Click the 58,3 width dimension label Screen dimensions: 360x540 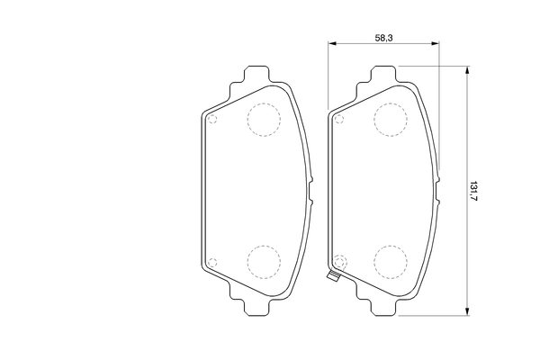click(383, 37)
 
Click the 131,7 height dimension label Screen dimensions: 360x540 click(473, 190)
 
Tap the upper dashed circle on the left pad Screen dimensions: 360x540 click(263, 119)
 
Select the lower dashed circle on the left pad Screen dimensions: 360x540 click(263, 260)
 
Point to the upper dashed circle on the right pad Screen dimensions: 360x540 click(391, 119)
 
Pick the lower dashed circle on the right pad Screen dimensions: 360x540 click(391, 260)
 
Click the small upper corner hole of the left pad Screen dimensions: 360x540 click(211, 119)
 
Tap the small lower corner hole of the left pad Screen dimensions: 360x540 click(211, 262)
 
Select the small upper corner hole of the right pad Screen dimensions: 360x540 click(339, 119)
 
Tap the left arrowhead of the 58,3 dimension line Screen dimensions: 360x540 click(332, 42)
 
